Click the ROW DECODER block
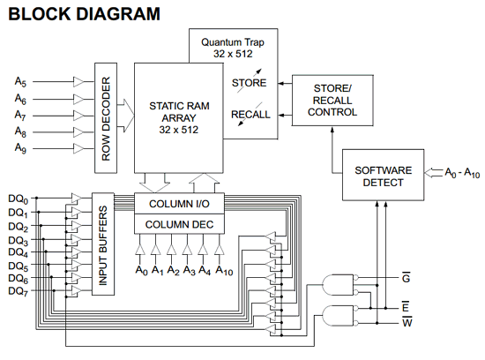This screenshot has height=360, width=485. [x=106, y=118]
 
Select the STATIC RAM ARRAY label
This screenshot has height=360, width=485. [x=179, y=118]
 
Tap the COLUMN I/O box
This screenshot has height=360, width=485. [x=179, y=204]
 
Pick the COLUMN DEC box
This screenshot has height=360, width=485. [x=179, y=224]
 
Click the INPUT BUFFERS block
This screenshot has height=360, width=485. [x=103, y=244]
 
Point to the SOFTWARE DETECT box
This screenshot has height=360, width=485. [x=383, y=176]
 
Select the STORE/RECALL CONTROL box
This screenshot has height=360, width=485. [x=332, y=101]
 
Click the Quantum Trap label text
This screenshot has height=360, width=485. [x=233, y=48]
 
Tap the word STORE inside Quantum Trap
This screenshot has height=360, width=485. [x=249, y=83]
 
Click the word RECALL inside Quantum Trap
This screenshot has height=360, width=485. [x=250, y=115]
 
